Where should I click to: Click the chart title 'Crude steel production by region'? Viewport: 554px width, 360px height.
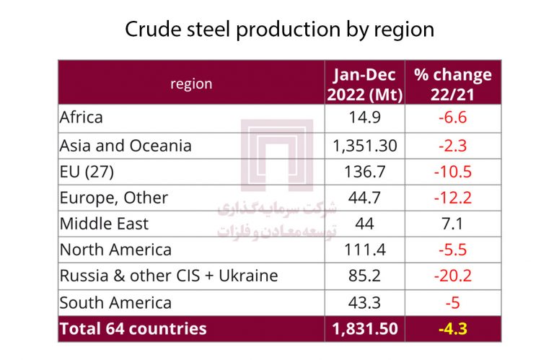279,30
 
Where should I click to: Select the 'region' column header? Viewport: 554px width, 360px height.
191,84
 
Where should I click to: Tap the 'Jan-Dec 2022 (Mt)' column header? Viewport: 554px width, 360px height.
365,84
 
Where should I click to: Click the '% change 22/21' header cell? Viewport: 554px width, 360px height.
453,84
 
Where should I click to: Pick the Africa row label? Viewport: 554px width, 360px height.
82,117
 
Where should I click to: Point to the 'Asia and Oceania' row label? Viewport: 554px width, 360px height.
126,145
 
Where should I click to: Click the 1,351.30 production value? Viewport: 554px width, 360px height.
365,145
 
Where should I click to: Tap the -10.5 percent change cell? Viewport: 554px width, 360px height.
453,172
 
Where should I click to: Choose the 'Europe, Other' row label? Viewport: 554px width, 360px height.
114,198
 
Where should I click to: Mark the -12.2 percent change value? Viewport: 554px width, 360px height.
453,198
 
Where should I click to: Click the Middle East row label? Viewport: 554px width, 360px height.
104,224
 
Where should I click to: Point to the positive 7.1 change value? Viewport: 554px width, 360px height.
453,224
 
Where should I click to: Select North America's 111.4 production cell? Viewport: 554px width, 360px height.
365,250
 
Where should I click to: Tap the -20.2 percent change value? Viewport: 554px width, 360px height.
453,276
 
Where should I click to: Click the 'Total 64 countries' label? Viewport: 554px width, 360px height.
133,329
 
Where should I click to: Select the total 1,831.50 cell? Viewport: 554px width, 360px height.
365,329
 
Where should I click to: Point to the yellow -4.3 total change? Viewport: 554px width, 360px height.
453,329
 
